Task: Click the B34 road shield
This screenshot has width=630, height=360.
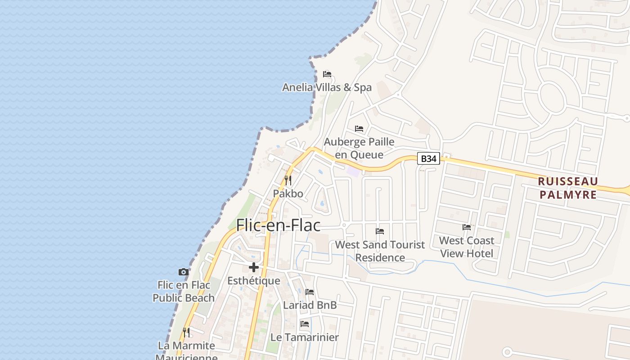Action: [x=428, y=158]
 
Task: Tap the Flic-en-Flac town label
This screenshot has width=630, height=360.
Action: [x=279, y=225]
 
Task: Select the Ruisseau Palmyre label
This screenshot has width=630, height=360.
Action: [x=568, y=188]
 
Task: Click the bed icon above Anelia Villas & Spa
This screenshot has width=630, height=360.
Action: [x=327, y=74]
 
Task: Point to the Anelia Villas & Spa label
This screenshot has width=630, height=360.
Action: [x=327, y=87]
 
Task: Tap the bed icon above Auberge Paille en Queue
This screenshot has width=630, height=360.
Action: [x=359, y=129]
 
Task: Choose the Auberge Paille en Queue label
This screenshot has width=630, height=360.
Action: [x=359, y=148]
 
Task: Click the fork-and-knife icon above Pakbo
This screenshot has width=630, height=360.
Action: [x=288, y=180]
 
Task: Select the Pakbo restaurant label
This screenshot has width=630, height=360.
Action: [x=288, y=193]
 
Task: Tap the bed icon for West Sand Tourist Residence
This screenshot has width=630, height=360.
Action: [x=380, y=231]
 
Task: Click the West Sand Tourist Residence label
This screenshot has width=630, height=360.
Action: [x=380, y=251]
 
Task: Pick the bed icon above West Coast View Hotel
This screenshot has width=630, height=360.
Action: [x=467, y=227]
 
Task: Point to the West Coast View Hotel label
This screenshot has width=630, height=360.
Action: [x=467, y=247]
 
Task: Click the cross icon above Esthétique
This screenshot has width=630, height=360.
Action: [x=254, y=267]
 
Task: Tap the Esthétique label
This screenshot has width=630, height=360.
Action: [x=254, y=281]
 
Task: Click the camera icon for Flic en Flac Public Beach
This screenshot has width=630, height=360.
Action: [x=184, y=272]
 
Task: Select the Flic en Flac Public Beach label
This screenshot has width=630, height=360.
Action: [x=184, y=291]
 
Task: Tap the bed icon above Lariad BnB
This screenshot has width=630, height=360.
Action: [x=310, y=292]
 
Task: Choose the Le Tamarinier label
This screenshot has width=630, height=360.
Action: [x=305, y=337]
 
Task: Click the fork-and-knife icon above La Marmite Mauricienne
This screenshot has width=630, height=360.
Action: [x=186, y=333]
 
